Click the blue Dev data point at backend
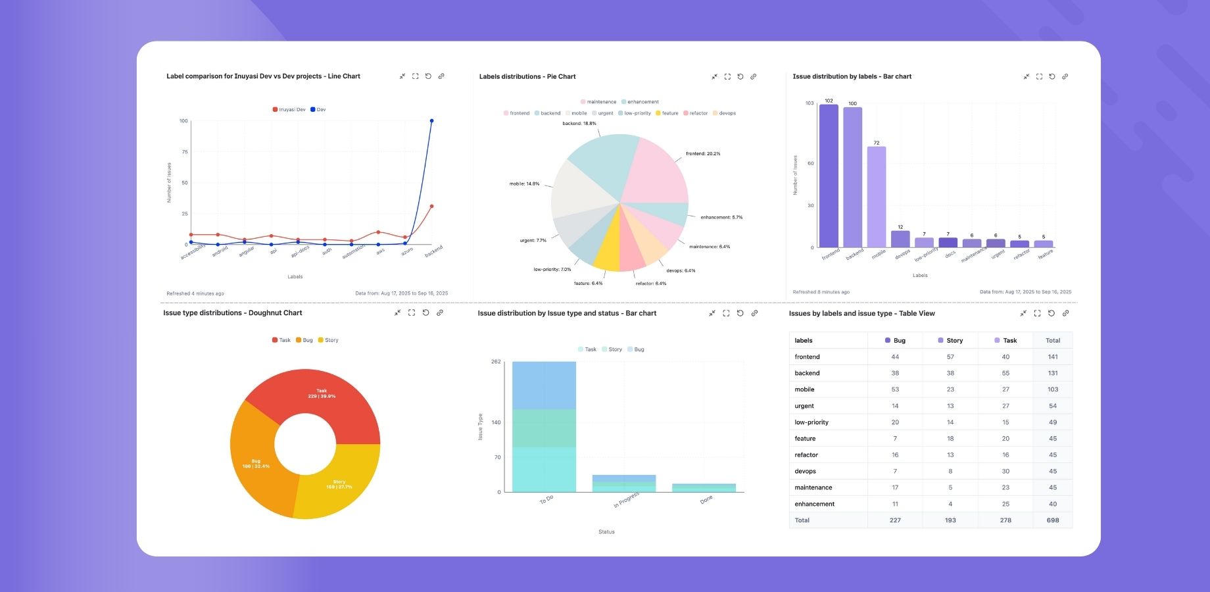click(431, 121)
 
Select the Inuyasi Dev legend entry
click(289, 110)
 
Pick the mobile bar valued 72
click(876, 197)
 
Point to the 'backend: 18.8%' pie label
click(579, 124)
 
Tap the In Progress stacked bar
click(623, 483)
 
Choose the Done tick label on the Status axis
click(706, 500)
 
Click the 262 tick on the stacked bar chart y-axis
click(496, 362)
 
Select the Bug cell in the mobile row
click(894, 389)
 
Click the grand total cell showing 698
click(1052, 520)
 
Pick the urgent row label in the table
click(804, 406)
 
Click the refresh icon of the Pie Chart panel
click(740, 77)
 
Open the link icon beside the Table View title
click(1065, 314)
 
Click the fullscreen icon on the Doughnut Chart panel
click(412, 313)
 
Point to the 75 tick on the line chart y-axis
click(185, 152)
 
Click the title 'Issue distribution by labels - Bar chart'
click(852, 77)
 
